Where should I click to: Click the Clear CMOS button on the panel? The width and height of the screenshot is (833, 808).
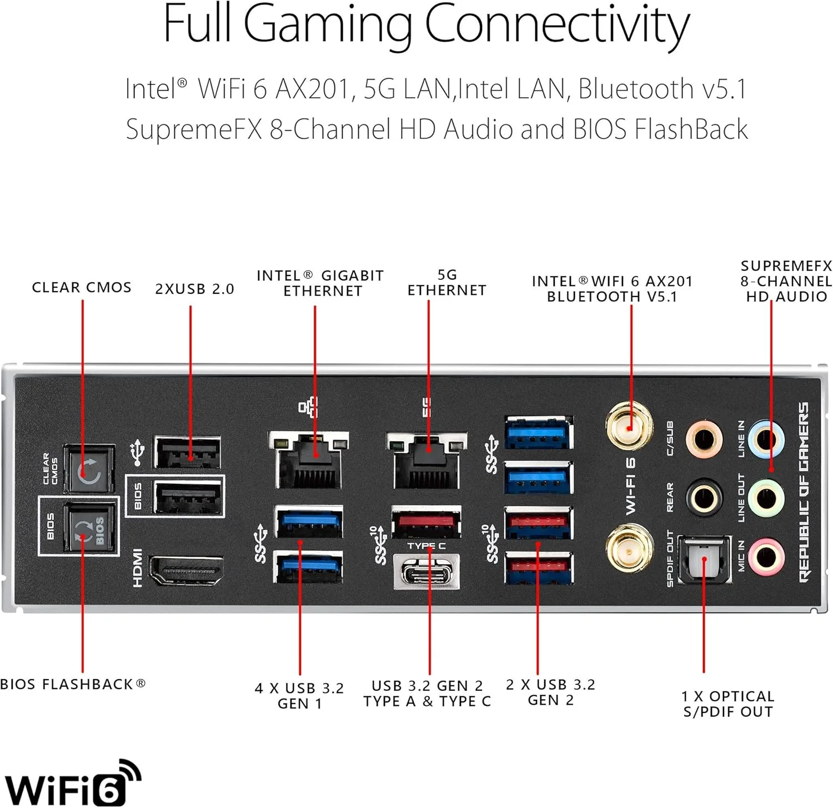click(89, 469)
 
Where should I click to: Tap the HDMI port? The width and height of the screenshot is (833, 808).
click(187, 570)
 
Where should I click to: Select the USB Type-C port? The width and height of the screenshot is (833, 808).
click(426, 571)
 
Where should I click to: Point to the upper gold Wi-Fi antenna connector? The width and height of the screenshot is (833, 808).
click(629, 426)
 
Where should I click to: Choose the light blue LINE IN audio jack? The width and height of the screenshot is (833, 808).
click(766, 439)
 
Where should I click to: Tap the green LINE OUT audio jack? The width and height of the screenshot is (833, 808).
click(766, 498)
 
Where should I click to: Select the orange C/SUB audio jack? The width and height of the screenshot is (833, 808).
click(704, 439)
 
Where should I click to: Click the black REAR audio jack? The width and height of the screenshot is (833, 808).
click(704, 498)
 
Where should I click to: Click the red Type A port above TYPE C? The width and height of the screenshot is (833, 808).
click(426, 523)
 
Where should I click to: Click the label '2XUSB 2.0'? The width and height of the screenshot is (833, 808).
click(194, 289)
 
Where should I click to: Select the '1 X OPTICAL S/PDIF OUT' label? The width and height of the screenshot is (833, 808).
click(727, 704)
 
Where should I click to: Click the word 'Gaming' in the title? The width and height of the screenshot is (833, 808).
click(328, 25)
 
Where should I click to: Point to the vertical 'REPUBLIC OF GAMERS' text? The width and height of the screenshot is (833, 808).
click(804, 492)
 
